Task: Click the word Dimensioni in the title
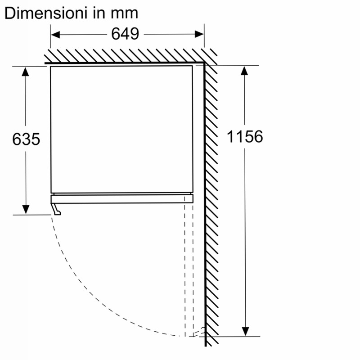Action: [46, 13]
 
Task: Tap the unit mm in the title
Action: [125, 13]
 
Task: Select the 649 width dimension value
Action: [125, 34]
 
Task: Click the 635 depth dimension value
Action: [26, 139]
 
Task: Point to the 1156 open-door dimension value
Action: [245, 137]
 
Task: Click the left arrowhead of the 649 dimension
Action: [55, 35]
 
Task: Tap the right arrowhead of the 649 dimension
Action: [199, 34]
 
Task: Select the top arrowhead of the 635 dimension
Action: [25, 72]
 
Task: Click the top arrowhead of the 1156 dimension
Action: [244, 71]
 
